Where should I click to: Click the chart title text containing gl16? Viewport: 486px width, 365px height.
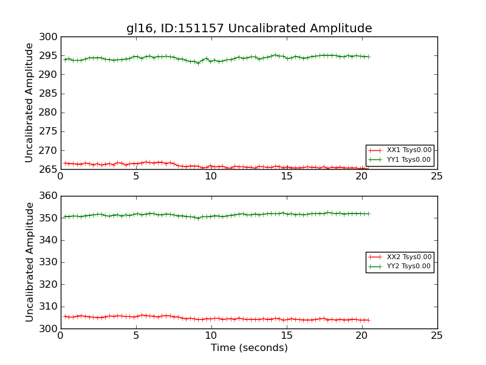click(249, 29)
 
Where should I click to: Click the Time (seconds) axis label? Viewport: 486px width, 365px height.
click(249, 348)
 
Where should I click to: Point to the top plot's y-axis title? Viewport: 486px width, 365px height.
click(29, 103)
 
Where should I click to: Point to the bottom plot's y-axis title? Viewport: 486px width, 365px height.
click(29, 262)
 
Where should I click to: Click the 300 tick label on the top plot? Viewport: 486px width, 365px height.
click(49, 37)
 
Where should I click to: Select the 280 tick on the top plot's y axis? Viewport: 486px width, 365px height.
click(49, 113)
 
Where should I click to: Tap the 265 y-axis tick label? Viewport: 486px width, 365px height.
click(49, 170)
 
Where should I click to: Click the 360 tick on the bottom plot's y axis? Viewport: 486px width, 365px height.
click(49, 196)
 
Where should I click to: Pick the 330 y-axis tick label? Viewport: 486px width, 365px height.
click(49, 262)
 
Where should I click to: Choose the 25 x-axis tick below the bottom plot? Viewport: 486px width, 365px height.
click(437, 336)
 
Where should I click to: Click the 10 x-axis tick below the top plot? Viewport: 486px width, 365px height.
click(211, 176)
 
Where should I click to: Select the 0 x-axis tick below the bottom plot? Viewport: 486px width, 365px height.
click(61, 336)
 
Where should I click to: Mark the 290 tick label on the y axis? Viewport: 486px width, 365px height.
click(49, 75)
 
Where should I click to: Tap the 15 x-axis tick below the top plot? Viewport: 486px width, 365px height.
click(286, 176)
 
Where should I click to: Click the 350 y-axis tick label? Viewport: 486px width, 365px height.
click(49, 218)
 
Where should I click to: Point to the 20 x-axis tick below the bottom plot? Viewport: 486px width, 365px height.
click(361, 336)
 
